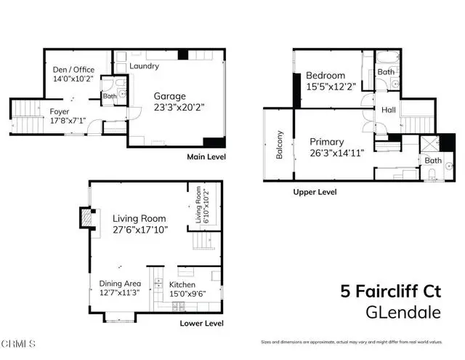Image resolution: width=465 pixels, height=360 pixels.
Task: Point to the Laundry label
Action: pos(144,66)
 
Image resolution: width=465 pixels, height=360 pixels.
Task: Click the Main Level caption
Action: pos(206,157)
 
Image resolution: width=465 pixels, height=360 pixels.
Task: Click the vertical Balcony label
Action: pos(279,145)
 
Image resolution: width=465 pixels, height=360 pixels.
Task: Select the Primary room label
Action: pos(327,142)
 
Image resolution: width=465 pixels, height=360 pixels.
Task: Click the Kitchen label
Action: pos(185,284)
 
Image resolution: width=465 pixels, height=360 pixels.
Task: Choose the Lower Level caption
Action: pos(203,323)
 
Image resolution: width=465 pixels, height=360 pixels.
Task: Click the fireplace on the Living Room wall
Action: pos(86,218)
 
